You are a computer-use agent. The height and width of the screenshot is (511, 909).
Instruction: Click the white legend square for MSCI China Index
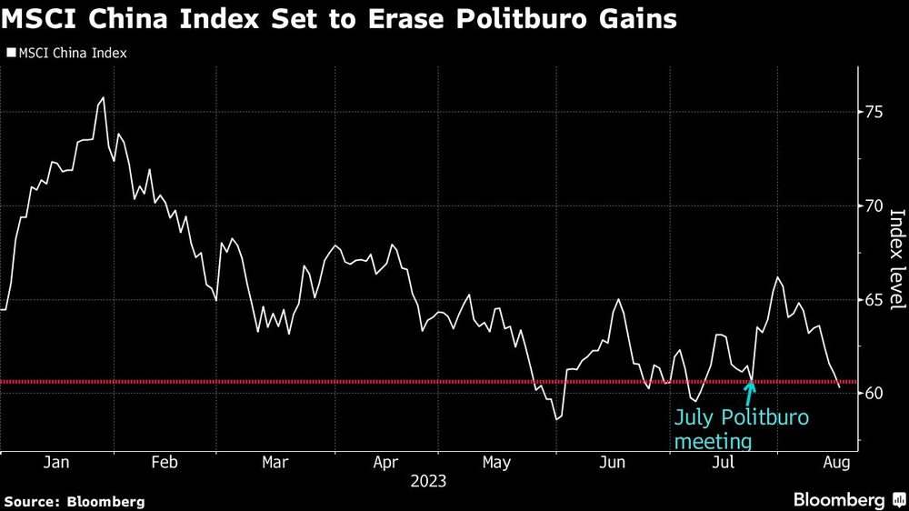10,53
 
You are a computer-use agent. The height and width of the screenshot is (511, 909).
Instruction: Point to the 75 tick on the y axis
873,112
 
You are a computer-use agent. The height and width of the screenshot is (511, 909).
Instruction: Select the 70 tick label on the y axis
873,205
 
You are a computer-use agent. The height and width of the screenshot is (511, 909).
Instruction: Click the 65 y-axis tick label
873,299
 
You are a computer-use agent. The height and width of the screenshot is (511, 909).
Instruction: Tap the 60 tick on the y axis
873,393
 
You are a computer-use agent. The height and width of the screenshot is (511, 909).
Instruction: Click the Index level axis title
896,259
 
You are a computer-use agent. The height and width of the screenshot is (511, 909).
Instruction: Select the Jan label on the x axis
56,463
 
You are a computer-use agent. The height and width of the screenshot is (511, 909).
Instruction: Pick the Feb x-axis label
164,463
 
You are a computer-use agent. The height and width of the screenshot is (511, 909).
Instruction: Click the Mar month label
275,463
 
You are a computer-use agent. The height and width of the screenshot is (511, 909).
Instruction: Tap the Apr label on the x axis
387,463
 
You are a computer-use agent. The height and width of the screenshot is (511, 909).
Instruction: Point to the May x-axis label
496,463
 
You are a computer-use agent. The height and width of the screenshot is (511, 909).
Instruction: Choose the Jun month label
613,463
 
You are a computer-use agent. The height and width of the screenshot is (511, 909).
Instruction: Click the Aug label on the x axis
835,463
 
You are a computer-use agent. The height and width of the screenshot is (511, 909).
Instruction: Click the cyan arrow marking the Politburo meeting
750,392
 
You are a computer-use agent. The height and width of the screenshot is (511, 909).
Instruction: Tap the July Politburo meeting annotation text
739,429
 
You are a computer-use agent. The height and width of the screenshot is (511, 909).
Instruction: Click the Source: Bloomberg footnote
75,501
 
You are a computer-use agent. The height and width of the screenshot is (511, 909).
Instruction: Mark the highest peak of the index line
103,97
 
